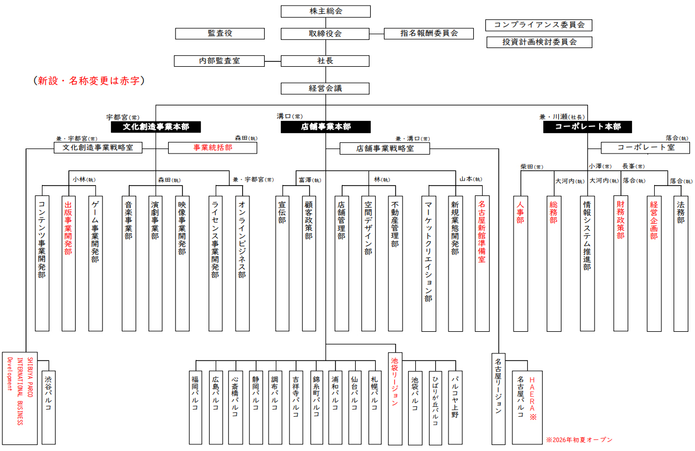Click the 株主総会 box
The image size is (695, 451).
pos(325,12)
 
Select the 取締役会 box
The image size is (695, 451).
pos(325,34)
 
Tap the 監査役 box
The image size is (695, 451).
pos(220,34)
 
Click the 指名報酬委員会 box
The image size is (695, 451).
pos(429,34)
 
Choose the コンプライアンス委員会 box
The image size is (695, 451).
pos(539,25)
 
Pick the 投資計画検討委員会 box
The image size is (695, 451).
pos(539,42)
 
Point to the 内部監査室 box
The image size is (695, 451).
pos(219,61)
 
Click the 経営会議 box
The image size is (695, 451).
pos(325,88)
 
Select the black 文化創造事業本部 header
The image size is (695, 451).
pos(156,127)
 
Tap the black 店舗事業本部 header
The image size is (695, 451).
pos(325,127)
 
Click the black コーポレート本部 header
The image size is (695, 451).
pos(587,127)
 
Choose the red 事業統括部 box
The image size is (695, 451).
pos(212,148)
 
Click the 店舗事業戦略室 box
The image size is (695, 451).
pos(384,148)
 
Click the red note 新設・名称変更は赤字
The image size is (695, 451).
pos(89,81)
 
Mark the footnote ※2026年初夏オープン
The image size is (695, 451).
pos(579,440)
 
